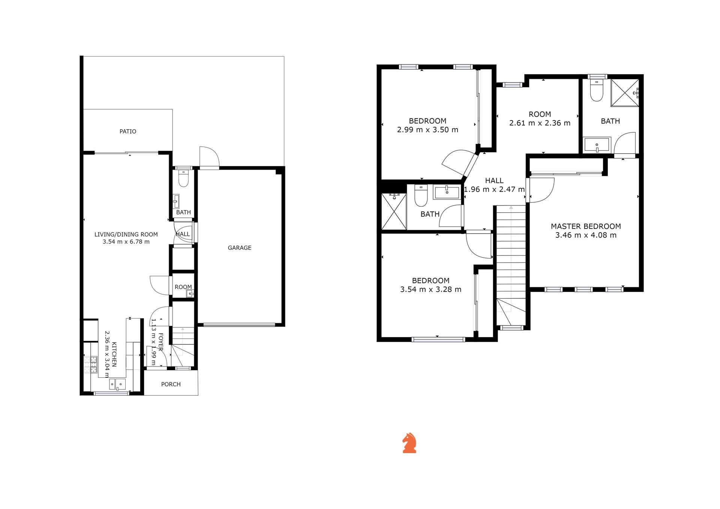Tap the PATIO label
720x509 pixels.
[128, 131]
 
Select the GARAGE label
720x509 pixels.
[240, 248]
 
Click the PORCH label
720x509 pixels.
[171, 384]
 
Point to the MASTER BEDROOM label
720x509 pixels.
[586, 226]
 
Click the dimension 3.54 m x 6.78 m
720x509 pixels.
[126, 242]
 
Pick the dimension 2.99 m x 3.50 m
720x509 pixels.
[427, 130]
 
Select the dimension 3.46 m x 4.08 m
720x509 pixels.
[586, 235]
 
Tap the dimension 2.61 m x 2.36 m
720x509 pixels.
[540, 123]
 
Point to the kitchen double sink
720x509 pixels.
[117, 384]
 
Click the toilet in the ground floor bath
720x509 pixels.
[183, 179]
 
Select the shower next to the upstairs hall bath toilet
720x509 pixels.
[394, 211]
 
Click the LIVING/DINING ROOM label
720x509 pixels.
[126, 234]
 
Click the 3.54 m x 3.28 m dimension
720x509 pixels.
[431, 290]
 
